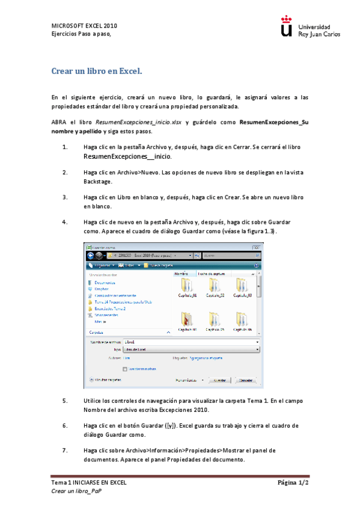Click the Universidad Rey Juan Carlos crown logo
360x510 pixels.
pos(287,28)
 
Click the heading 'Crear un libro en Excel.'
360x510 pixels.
pos(97,72)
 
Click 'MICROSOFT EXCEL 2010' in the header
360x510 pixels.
pos(84,26)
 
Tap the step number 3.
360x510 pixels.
pos(65,197)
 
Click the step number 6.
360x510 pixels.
pos(65,425)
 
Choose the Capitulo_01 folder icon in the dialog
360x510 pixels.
pos(187,285)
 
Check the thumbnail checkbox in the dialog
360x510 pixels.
pos(124,369)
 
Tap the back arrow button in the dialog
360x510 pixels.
pos(91,255)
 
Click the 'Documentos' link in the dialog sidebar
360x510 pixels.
pos(106,282)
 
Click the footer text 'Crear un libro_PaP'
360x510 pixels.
pos(76,491)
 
